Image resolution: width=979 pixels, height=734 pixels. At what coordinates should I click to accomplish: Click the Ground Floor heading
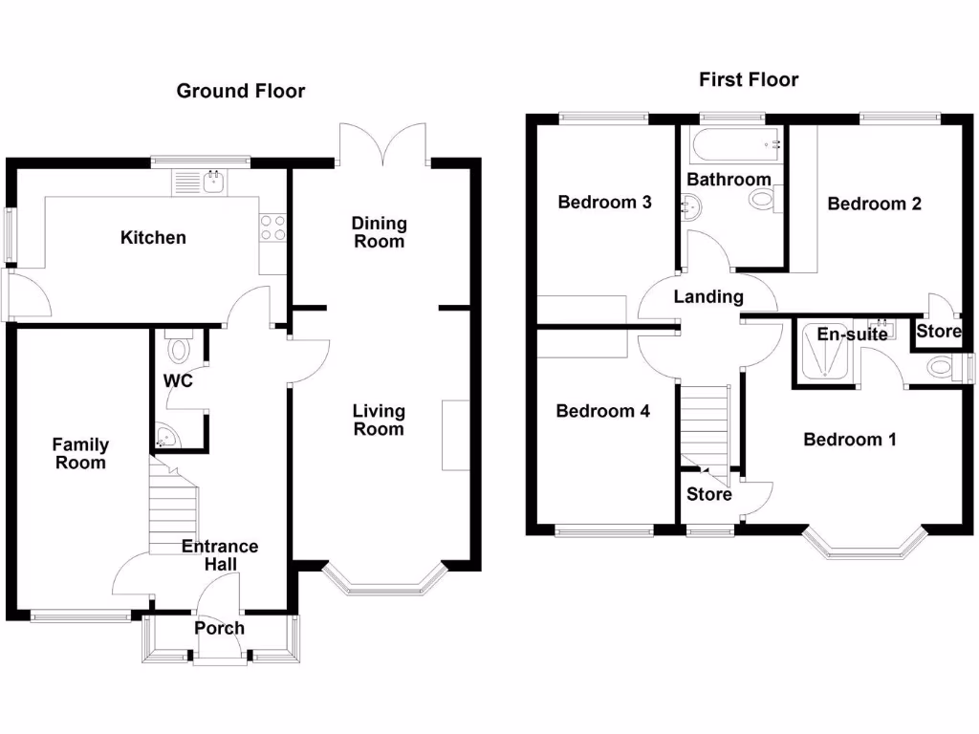click(x=241, y=91)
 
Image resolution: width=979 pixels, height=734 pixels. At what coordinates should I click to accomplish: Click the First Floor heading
click(x=749, y=79)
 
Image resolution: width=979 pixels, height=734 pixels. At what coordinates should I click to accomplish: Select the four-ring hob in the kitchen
click(x=272, y=227)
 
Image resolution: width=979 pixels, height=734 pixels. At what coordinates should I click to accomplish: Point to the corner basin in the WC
click(x=164, y=439)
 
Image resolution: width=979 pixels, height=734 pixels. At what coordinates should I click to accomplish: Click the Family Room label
click(x=80, y=453)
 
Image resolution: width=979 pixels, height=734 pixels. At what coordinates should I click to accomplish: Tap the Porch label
click(x=219, y=628)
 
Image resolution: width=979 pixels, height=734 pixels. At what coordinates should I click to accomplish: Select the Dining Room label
click(x=379, y=232)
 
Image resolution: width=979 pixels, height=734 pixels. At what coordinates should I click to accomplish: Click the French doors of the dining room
click(x=382, y=144)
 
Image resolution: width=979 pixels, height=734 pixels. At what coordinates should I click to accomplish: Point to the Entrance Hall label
click(x=220, y=555)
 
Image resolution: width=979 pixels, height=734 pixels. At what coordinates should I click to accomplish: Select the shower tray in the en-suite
click(x=827, y=356)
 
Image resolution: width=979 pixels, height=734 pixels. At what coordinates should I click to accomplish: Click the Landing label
click(x=708, y=296)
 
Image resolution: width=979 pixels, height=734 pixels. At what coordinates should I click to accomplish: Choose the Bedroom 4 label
click(x=603, y=411)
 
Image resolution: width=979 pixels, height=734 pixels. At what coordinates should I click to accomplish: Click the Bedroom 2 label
click(x=874, y=204)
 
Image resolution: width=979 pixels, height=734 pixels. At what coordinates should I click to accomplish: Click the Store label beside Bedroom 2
click(x=939, y=332)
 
